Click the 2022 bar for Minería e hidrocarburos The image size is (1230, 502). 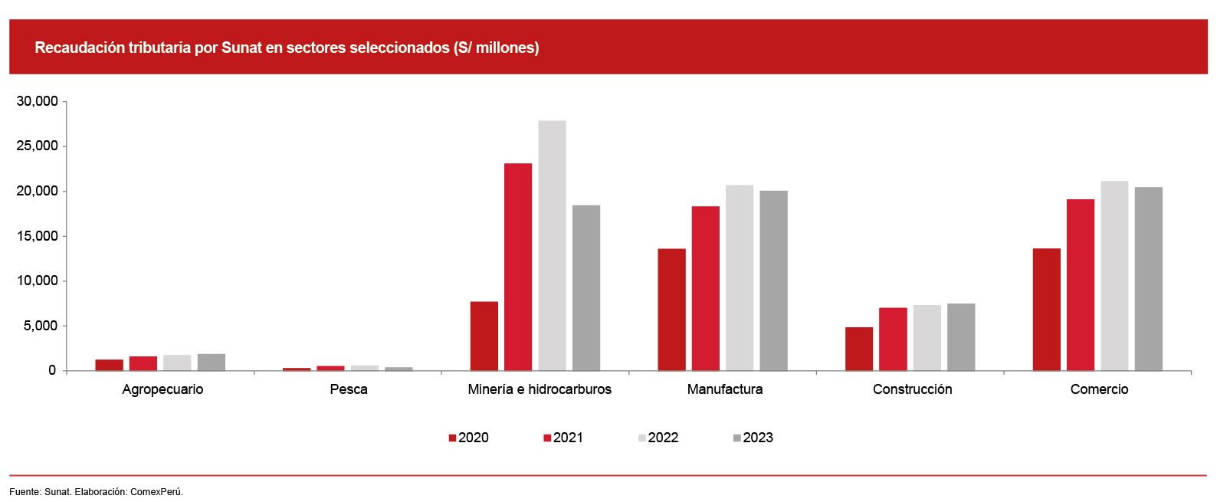point(552,245)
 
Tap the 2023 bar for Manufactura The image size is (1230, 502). point(773,281)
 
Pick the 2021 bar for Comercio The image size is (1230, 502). point(1081,284)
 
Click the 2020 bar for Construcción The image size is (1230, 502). point(859,349)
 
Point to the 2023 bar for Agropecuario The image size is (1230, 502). point(211,362)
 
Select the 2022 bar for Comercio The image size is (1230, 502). point(1114,276)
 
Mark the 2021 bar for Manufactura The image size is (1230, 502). point(705,288)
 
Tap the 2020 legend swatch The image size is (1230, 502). point(453,438)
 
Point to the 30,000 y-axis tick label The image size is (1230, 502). point(38,101)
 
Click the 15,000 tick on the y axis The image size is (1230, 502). point(38,236)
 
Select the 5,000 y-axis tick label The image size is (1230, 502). point(41,326)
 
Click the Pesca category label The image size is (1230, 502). point(349,389)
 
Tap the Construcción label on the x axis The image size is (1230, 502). point(912,389)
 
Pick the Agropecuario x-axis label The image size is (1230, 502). point(162,389)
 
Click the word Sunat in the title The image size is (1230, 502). point(241,48)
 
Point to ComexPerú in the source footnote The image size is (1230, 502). point(156,491)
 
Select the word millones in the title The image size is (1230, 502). point(504,48)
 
